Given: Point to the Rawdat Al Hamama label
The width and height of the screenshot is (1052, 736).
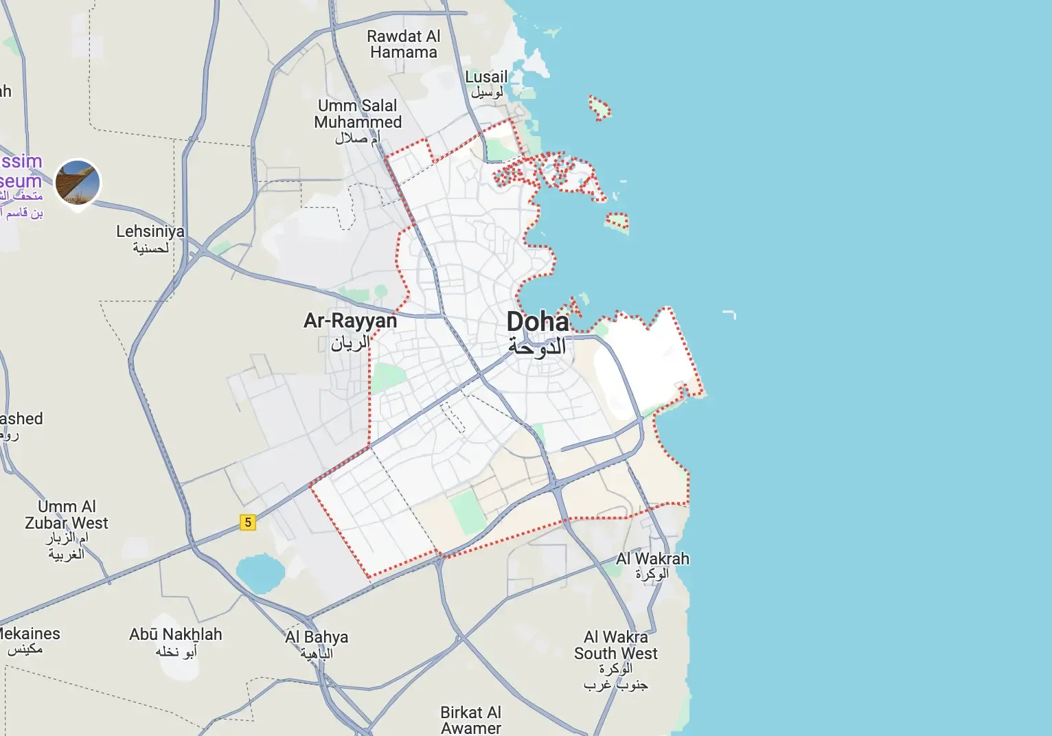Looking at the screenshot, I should [403, 45].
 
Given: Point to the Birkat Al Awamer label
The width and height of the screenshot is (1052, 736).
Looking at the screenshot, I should [471, 720].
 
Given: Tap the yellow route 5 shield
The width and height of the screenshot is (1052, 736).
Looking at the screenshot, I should [248, 522].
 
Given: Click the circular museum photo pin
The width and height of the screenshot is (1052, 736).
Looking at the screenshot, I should [78, 183].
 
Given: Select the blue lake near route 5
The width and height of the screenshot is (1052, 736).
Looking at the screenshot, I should [260, 574].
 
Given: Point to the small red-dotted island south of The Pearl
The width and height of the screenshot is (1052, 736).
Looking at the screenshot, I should [617, 221].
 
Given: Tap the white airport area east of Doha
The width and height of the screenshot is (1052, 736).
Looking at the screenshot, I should [642, 364].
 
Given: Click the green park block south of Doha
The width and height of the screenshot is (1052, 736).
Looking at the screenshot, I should [468, 511].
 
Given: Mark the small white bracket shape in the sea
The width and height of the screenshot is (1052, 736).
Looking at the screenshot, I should [729, 314].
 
